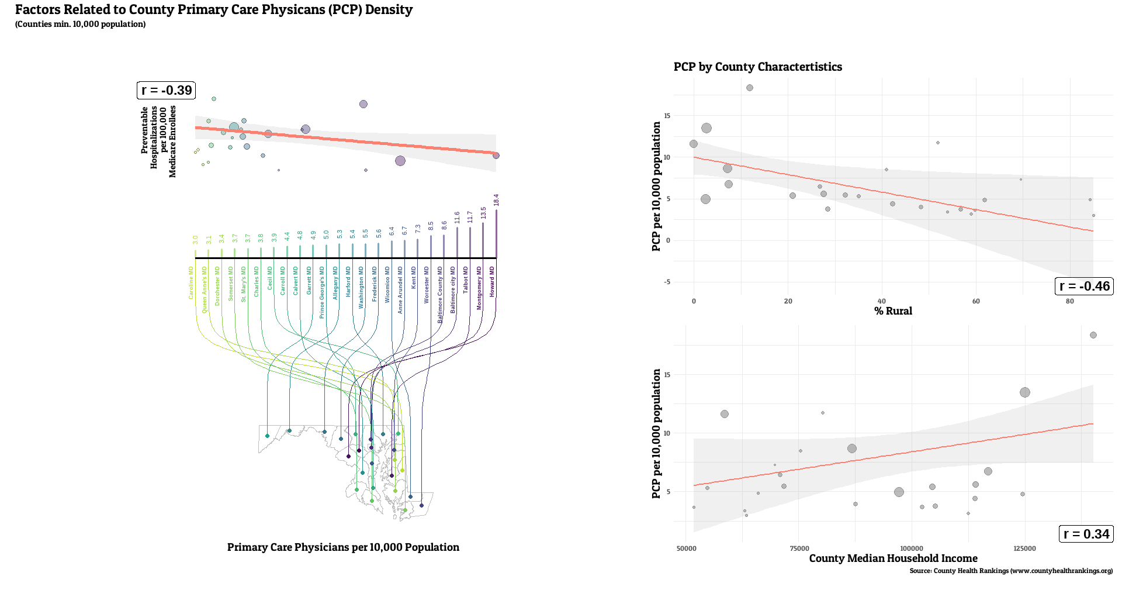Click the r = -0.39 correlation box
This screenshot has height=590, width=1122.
pyautogui.click(x=166, y=91)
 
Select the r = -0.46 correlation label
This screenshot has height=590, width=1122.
pyautogui.click(x=1084, y=287)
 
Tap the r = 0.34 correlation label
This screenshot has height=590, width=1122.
pyautogui.click(x=1086, y=534)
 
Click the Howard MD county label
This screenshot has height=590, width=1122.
pyautogui.click(x=492, y=282)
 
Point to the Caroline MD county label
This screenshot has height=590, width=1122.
pyautogui.click(x=191, y=283)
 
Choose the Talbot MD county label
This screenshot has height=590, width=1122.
pyautogui.click(x=466, y=280)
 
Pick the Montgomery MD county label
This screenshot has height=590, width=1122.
pyautogui.click(x=479, y=288)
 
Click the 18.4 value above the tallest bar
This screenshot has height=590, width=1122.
pyautogui.click(x=496, y=200)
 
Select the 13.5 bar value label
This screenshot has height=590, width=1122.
pyautogui.click(x=483, y=213)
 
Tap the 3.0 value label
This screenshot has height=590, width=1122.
pyautogui.click(x=195, y=240)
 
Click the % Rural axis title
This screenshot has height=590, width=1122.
pyautogui.click(x=893, y=311)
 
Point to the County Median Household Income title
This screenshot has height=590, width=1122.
pyautogui.click(x=893, y=558)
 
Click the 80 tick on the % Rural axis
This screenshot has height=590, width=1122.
pyautogui.click(x=1069, y=301)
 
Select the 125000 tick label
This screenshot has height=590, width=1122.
pyautogui.click(x=1024, y=548)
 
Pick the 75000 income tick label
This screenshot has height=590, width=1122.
pyautogui.click(x=799, y=548)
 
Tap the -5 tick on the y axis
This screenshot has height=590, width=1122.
pyautogui.click(x=667, y=282)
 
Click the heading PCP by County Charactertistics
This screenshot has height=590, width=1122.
pyautogui.click(x=757, y=67)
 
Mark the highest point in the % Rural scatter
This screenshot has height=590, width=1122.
pyautogui.click(x=750, y=88)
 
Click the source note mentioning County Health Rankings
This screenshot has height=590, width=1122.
pyautogui.click(x=1011, y=571)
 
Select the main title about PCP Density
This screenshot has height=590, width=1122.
pyautogui.click(x=214, y=10)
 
